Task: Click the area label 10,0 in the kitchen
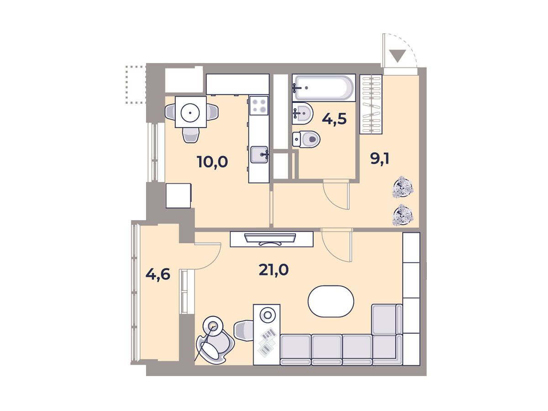coord(212,162)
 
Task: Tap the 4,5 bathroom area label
coord(334,119)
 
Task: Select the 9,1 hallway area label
coord(379,159)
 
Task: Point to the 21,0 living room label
coord(274,270)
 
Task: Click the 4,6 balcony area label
coord(158,274)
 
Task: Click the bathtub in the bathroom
coord(324,88)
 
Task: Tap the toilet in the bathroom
coord(306,139)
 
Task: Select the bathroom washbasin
coord(303,113)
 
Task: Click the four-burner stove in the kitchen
coord(259,105)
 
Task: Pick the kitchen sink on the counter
coord(259,155)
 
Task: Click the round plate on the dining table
coord(190,112)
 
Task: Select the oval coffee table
coord(331,301)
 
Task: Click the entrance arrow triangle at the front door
coord(397,56)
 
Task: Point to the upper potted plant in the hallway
coord(402,187)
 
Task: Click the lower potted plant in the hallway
coord(402,215)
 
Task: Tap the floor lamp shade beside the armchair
coord(213,326)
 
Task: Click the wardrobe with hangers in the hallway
coord(371,104)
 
